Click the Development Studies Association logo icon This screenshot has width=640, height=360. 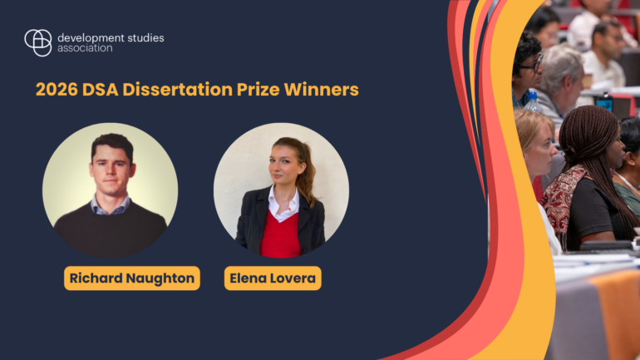pyautogui.click(x=37, y=42)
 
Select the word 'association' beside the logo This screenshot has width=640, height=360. pyautogui.click(x=85, y=49)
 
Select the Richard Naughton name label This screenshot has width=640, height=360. pyautogui.click(x=131, y=279)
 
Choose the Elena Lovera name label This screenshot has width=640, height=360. pyautogui.click(x=273, y=279)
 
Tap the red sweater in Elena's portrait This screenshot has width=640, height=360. pyautogui.click(x=280, y=236)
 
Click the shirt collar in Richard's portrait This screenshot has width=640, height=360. pyautogui.click(x=111, y=204)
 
